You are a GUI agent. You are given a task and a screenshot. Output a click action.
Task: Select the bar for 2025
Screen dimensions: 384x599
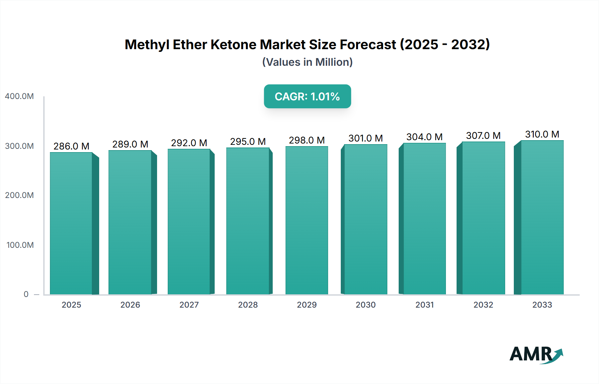pyautogui.click(x=71, y=223)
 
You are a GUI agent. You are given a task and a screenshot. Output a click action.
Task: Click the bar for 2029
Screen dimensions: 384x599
pyautogui.click(x=307, y=220)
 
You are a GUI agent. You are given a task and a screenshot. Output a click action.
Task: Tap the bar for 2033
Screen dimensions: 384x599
pyautogui.click(x=542, y=217)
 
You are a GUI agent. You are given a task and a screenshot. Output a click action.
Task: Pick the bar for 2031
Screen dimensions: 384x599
pyautogui.click(x=424, y=219)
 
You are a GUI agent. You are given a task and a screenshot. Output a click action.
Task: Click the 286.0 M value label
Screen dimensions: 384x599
pyautogui.click(x=71, y=146)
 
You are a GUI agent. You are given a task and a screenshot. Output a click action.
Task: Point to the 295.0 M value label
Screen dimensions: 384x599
pyautogui.click(x=248, y=142)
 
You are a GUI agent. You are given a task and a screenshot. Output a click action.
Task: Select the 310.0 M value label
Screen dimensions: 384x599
pyautogui.click(x=542, y=134)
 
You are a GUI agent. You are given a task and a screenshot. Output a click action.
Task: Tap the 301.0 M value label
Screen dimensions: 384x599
pyautogui.click(x=365, y=138)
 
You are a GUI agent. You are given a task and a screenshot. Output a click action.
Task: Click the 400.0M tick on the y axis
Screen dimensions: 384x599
pyautogui.click(x=19, y=96)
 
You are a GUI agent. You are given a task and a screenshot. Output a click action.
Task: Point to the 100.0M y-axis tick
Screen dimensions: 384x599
pyautogui.click(x=20, y=245)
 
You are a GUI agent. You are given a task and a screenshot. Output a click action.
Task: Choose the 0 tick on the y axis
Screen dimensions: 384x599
pyautogui.click(x=26, y=294)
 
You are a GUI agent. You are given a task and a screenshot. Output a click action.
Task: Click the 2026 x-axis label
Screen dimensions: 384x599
pyautogui.click(x=130, y=305)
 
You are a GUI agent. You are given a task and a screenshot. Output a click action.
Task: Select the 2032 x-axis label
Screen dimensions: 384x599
pyautogui.click(x=483, y=305)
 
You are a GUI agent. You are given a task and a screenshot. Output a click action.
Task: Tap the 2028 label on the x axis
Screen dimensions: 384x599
pyautogui.click(x=248, y=305)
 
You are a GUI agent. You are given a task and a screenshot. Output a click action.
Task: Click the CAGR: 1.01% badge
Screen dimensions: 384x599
pyautogui.click(x=307, y=96)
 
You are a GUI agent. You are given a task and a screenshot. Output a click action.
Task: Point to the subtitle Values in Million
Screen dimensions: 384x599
pyautogui.click(x=307, y=62)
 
